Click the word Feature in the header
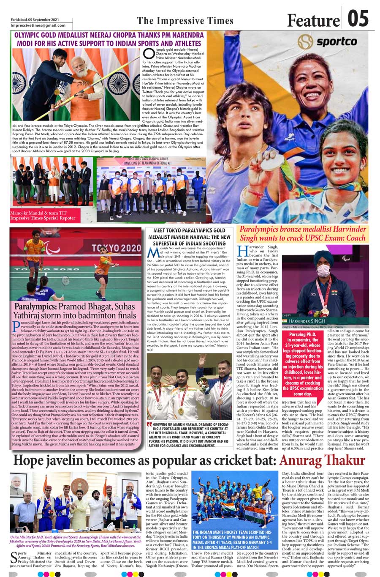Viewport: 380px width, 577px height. point(313,20)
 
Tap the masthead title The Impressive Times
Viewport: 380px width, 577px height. point(185,21)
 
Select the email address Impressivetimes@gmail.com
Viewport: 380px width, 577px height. point(35,25)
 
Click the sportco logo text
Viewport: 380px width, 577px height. point(336,42)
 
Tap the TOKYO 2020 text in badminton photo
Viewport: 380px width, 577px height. point(115,248)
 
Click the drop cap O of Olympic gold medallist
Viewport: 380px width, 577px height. point(148,54)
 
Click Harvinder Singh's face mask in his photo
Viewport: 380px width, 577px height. point(323,271)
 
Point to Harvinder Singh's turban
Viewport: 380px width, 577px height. point(323,256)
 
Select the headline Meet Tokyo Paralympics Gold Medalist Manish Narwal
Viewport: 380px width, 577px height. point(189,237)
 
